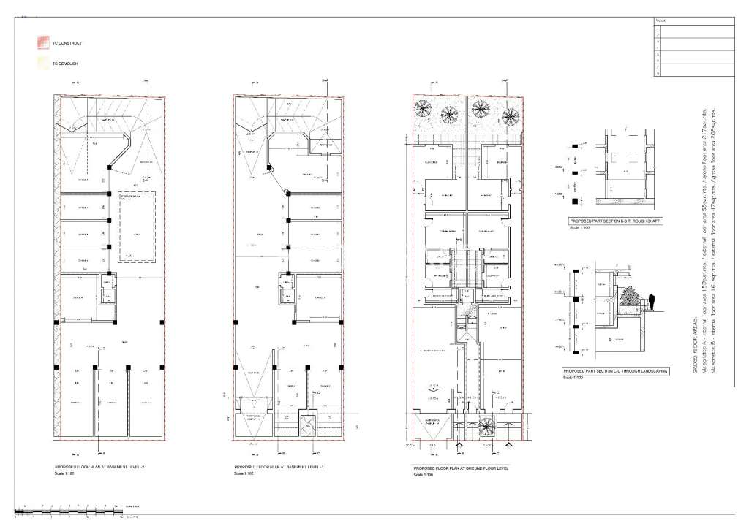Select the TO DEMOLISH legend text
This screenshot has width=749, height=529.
[65, 64]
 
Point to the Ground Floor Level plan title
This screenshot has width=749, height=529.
[454, 466]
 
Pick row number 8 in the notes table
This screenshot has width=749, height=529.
[658, 73]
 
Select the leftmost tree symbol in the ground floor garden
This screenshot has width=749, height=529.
[424, 110]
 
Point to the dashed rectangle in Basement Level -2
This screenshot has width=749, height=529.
[136, 228]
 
